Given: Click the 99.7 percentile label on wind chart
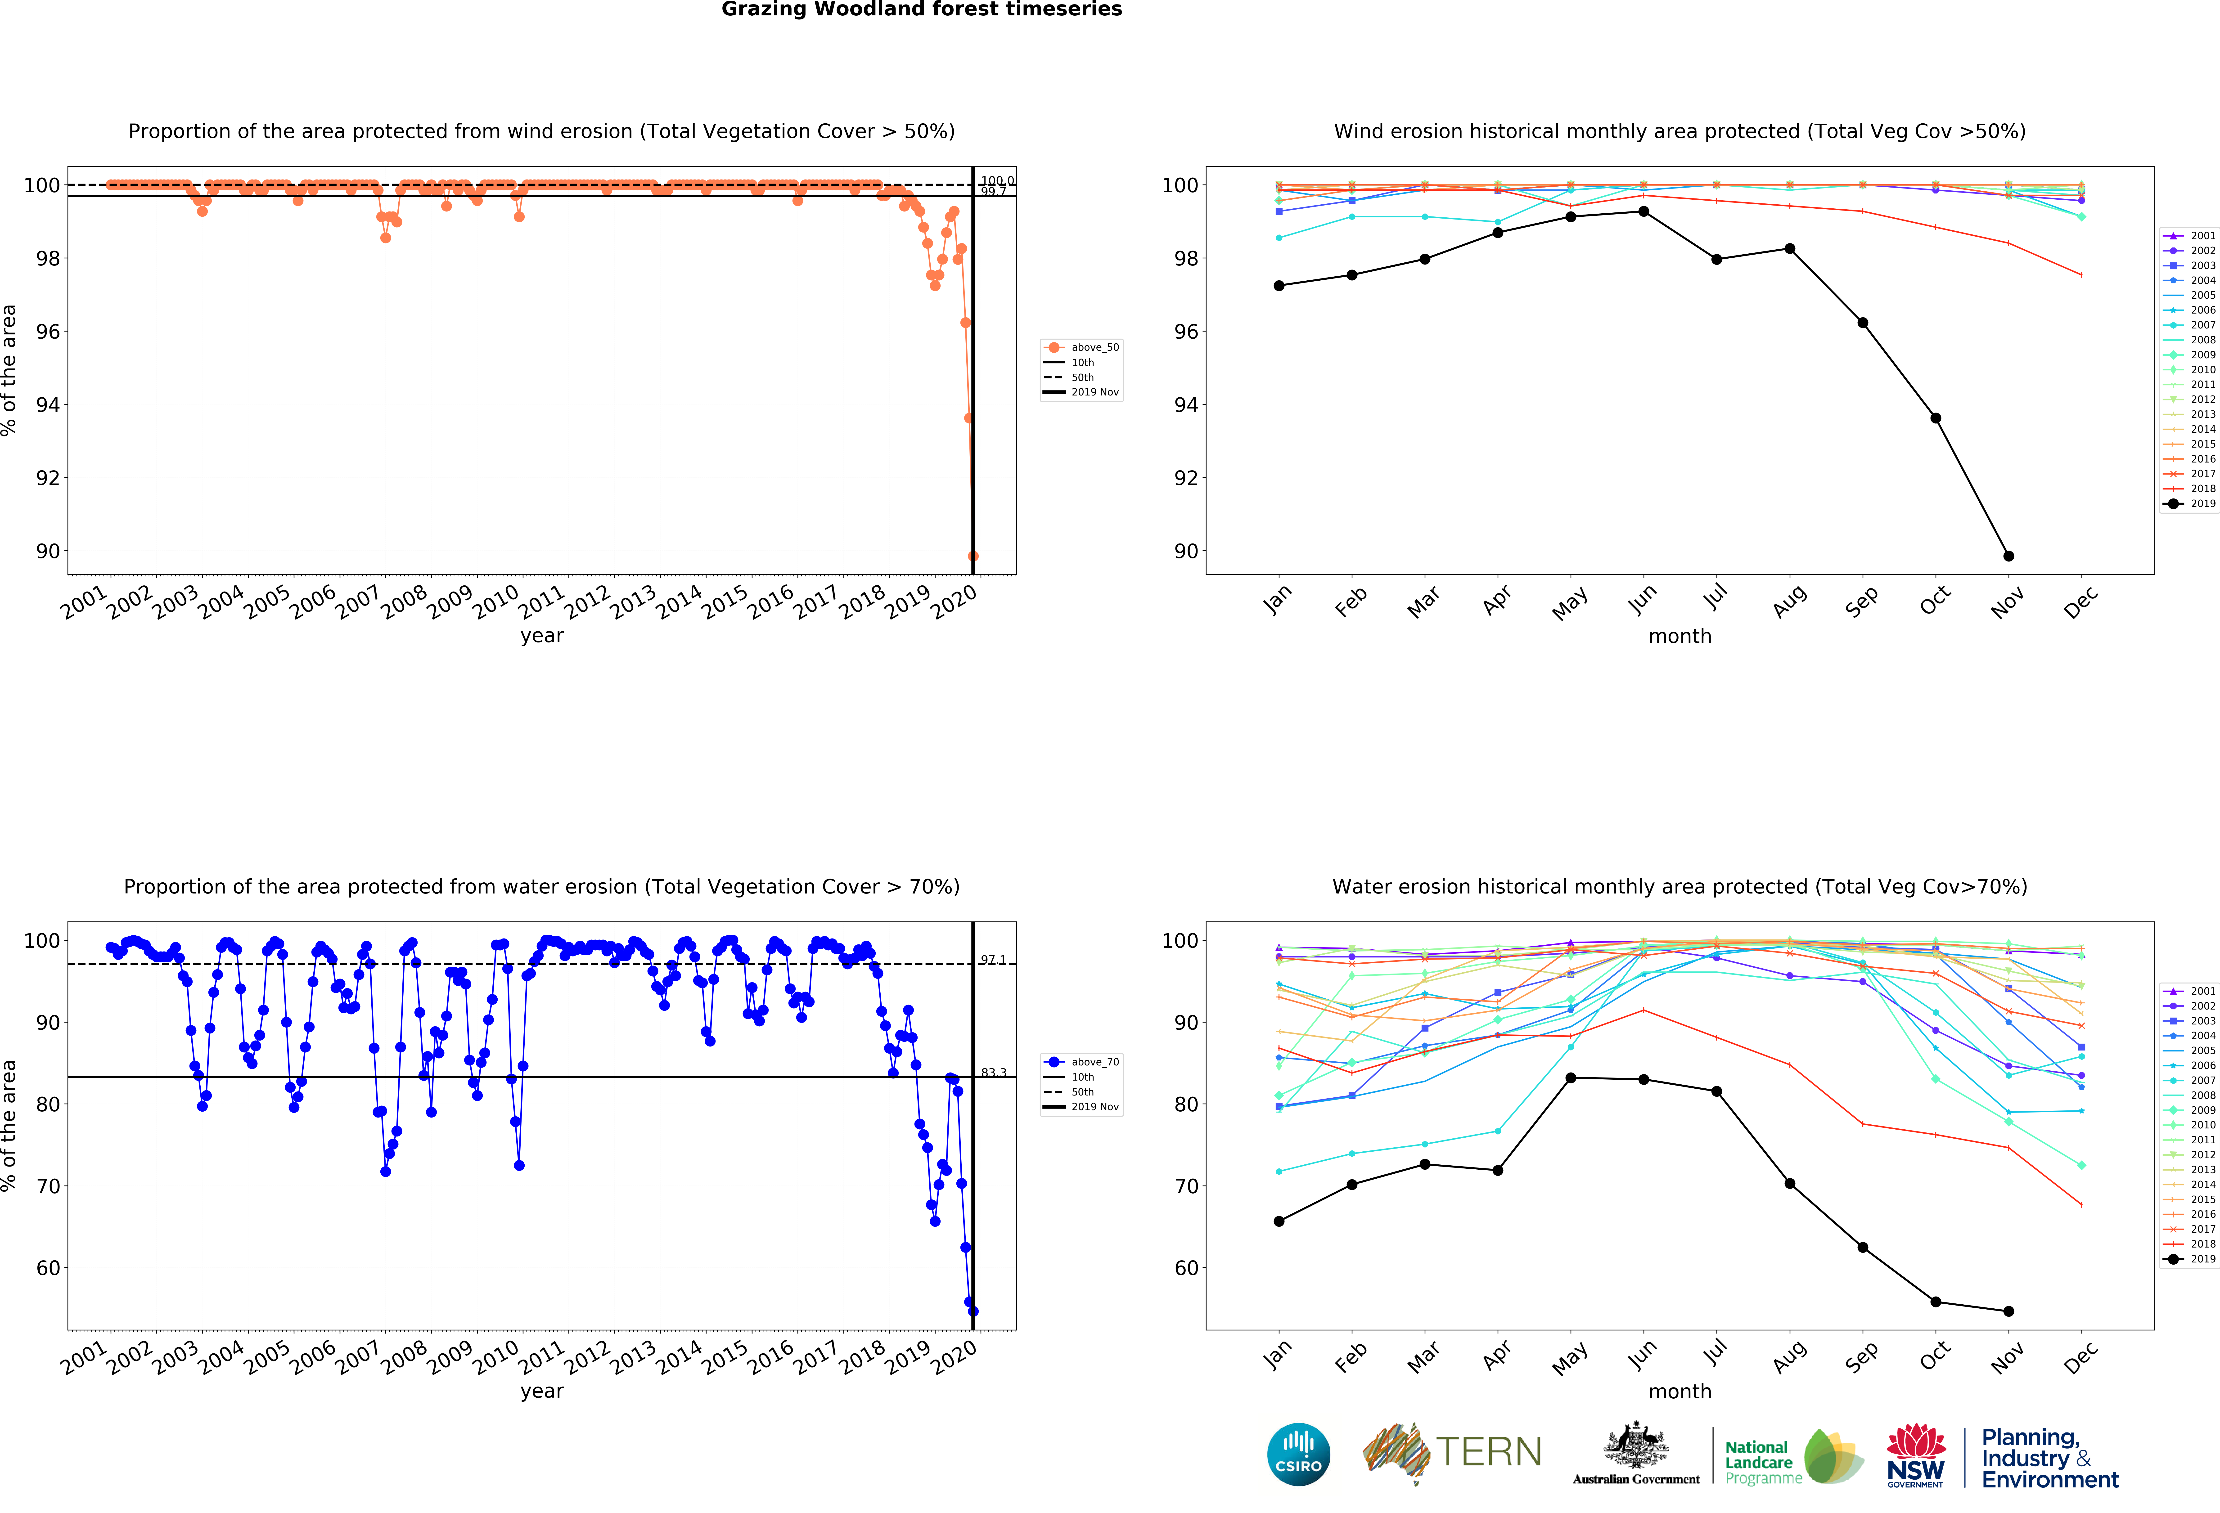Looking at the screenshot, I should click(993, 192).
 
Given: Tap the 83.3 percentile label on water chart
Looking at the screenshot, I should click(993, 1073).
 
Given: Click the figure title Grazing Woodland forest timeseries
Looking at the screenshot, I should click(921, 9).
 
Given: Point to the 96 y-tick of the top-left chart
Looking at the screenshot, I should click(48, 332).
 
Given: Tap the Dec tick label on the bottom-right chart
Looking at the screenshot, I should click(2080, 1356).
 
